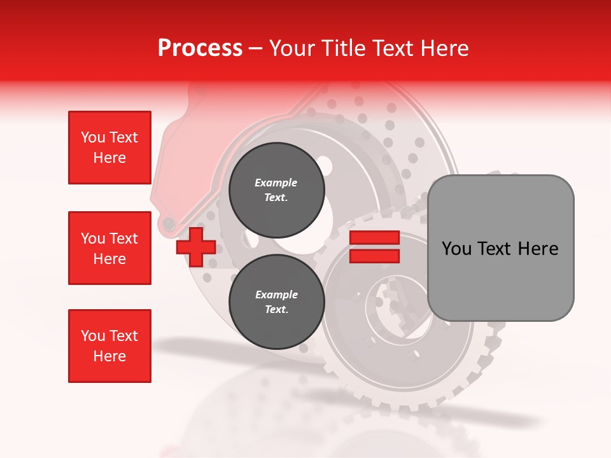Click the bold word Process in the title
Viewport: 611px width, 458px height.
click(x=200, y=48)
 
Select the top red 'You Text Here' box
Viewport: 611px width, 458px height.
click(x=109, y=148)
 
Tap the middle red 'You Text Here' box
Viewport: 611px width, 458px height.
click(x=109, y=248)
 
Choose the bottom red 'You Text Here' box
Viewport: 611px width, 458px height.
click(x=109, y=346)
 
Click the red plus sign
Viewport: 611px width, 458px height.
click(x=195, y=247)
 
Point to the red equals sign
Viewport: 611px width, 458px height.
click(x=374, y=247)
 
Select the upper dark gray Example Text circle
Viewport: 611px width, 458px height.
click(x=276, y=190)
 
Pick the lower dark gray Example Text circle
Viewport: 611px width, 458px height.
click(x=276, y=302)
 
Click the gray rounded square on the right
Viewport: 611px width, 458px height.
click(x=500, y=247)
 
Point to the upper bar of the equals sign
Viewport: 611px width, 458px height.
click(x=374, y=238)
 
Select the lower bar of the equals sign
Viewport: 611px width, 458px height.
click(x=374, y=256)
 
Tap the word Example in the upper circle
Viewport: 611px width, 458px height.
click(x=276, y=183)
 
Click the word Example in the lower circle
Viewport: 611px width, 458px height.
click(x=276, y=295)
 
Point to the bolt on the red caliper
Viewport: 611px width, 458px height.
click(x=169, y=223)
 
